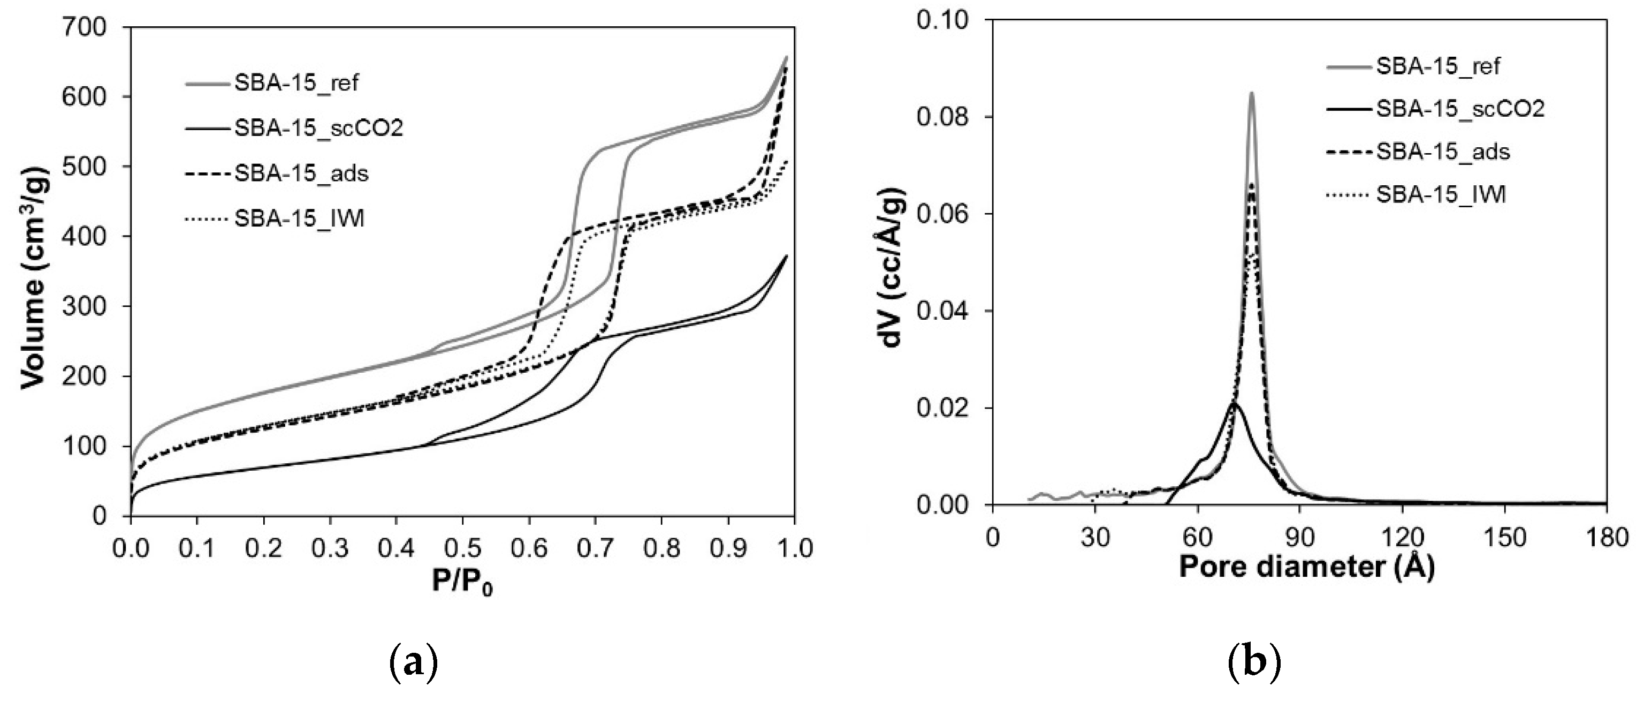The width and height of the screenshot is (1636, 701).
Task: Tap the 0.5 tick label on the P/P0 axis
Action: click(x=462, y=548)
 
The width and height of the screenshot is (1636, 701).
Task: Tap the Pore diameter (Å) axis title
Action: click(x=1306, y=567)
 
